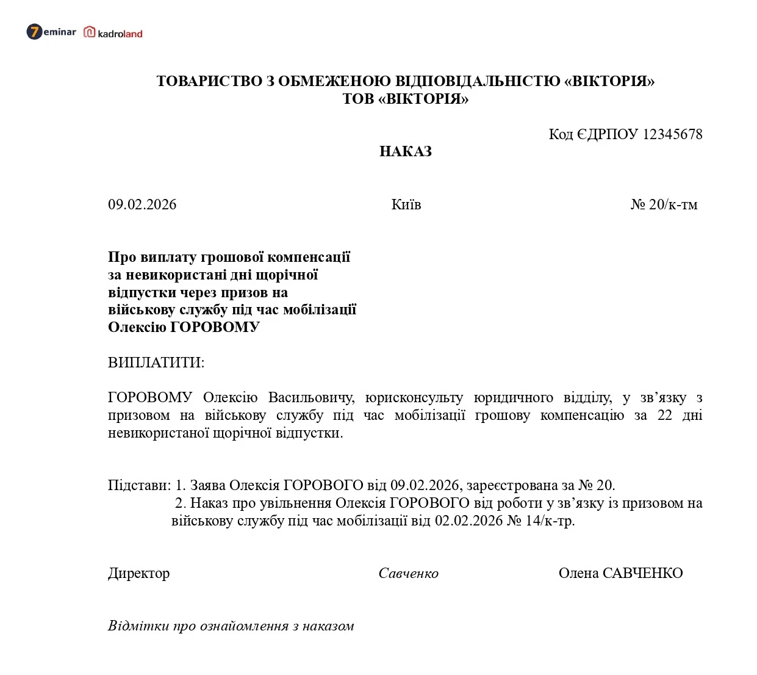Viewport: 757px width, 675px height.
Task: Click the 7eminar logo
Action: click(x=51, y=32)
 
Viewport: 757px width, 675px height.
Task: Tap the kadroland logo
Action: click(x=113, y=33)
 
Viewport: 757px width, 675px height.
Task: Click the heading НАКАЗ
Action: click(x=405, y=151)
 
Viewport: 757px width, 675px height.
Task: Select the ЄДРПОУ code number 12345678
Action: click(x=672, y=134)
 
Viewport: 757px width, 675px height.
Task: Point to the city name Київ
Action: click(x=406, y=204)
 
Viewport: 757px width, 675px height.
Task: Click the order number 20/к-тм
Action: click(x=672, y=204)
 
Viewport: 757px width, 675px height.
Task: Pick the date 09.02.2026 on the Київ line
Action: click(x=142, y=204)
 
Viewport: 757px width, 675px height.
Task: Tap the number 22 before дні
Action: click(x=664, y=416)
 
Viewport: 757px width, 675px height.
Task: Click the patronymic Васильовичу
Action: click(x=311, y=398)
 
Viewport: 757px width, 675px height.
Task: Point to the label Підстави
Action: click(x=138, y=486)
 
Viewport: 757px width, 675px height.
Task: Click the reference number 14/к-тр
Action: click(x=549, y=521)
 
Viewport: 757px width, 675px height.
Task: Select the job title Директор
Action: click(x=138, y=574)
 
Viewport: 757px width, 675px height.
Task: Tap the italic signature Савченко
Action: click(x=408, y=574)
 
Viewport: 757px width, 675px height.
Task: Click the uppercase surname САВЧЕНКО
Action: click(x=642, y=574)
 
